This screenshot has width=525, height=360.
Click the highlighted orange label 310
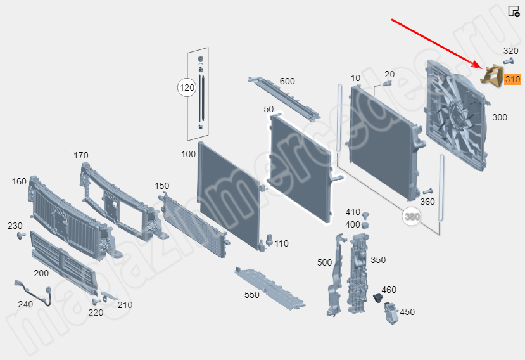coord(512,79)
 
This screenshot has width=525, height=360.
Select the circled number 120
coord(187,87)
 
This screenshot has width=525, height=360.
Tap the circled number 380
coord(412,217)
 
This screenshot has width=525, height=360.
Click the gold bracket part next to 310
coord(492,77)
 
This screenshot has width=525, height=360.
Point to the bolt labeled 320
coord(509,61)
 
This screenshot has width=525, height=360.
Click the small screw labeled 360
coord(428,191)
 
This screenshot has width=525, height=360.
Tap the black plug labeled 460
coord(377,297)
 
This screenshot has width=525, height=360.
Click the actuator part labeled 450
coord(390,312)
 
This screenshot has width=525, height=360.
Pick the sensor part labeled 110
coord(269,241)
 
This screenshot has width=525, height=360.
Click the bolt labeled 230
coord(22,236)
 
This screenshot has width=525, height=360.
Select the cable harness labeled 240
coord(34,292)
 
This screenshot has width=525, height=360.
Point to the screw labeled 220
coord(96,301)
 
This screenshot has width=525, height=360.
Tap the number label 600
coord(288,81)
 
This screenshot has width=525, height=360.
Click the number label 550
coord(252,295)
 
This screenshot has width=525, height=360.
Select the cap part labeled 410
coord(366,214)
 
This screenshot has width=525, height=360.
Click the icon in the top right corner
coord(514,11)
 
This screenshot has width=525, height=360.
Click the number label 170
coord(80,155)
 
